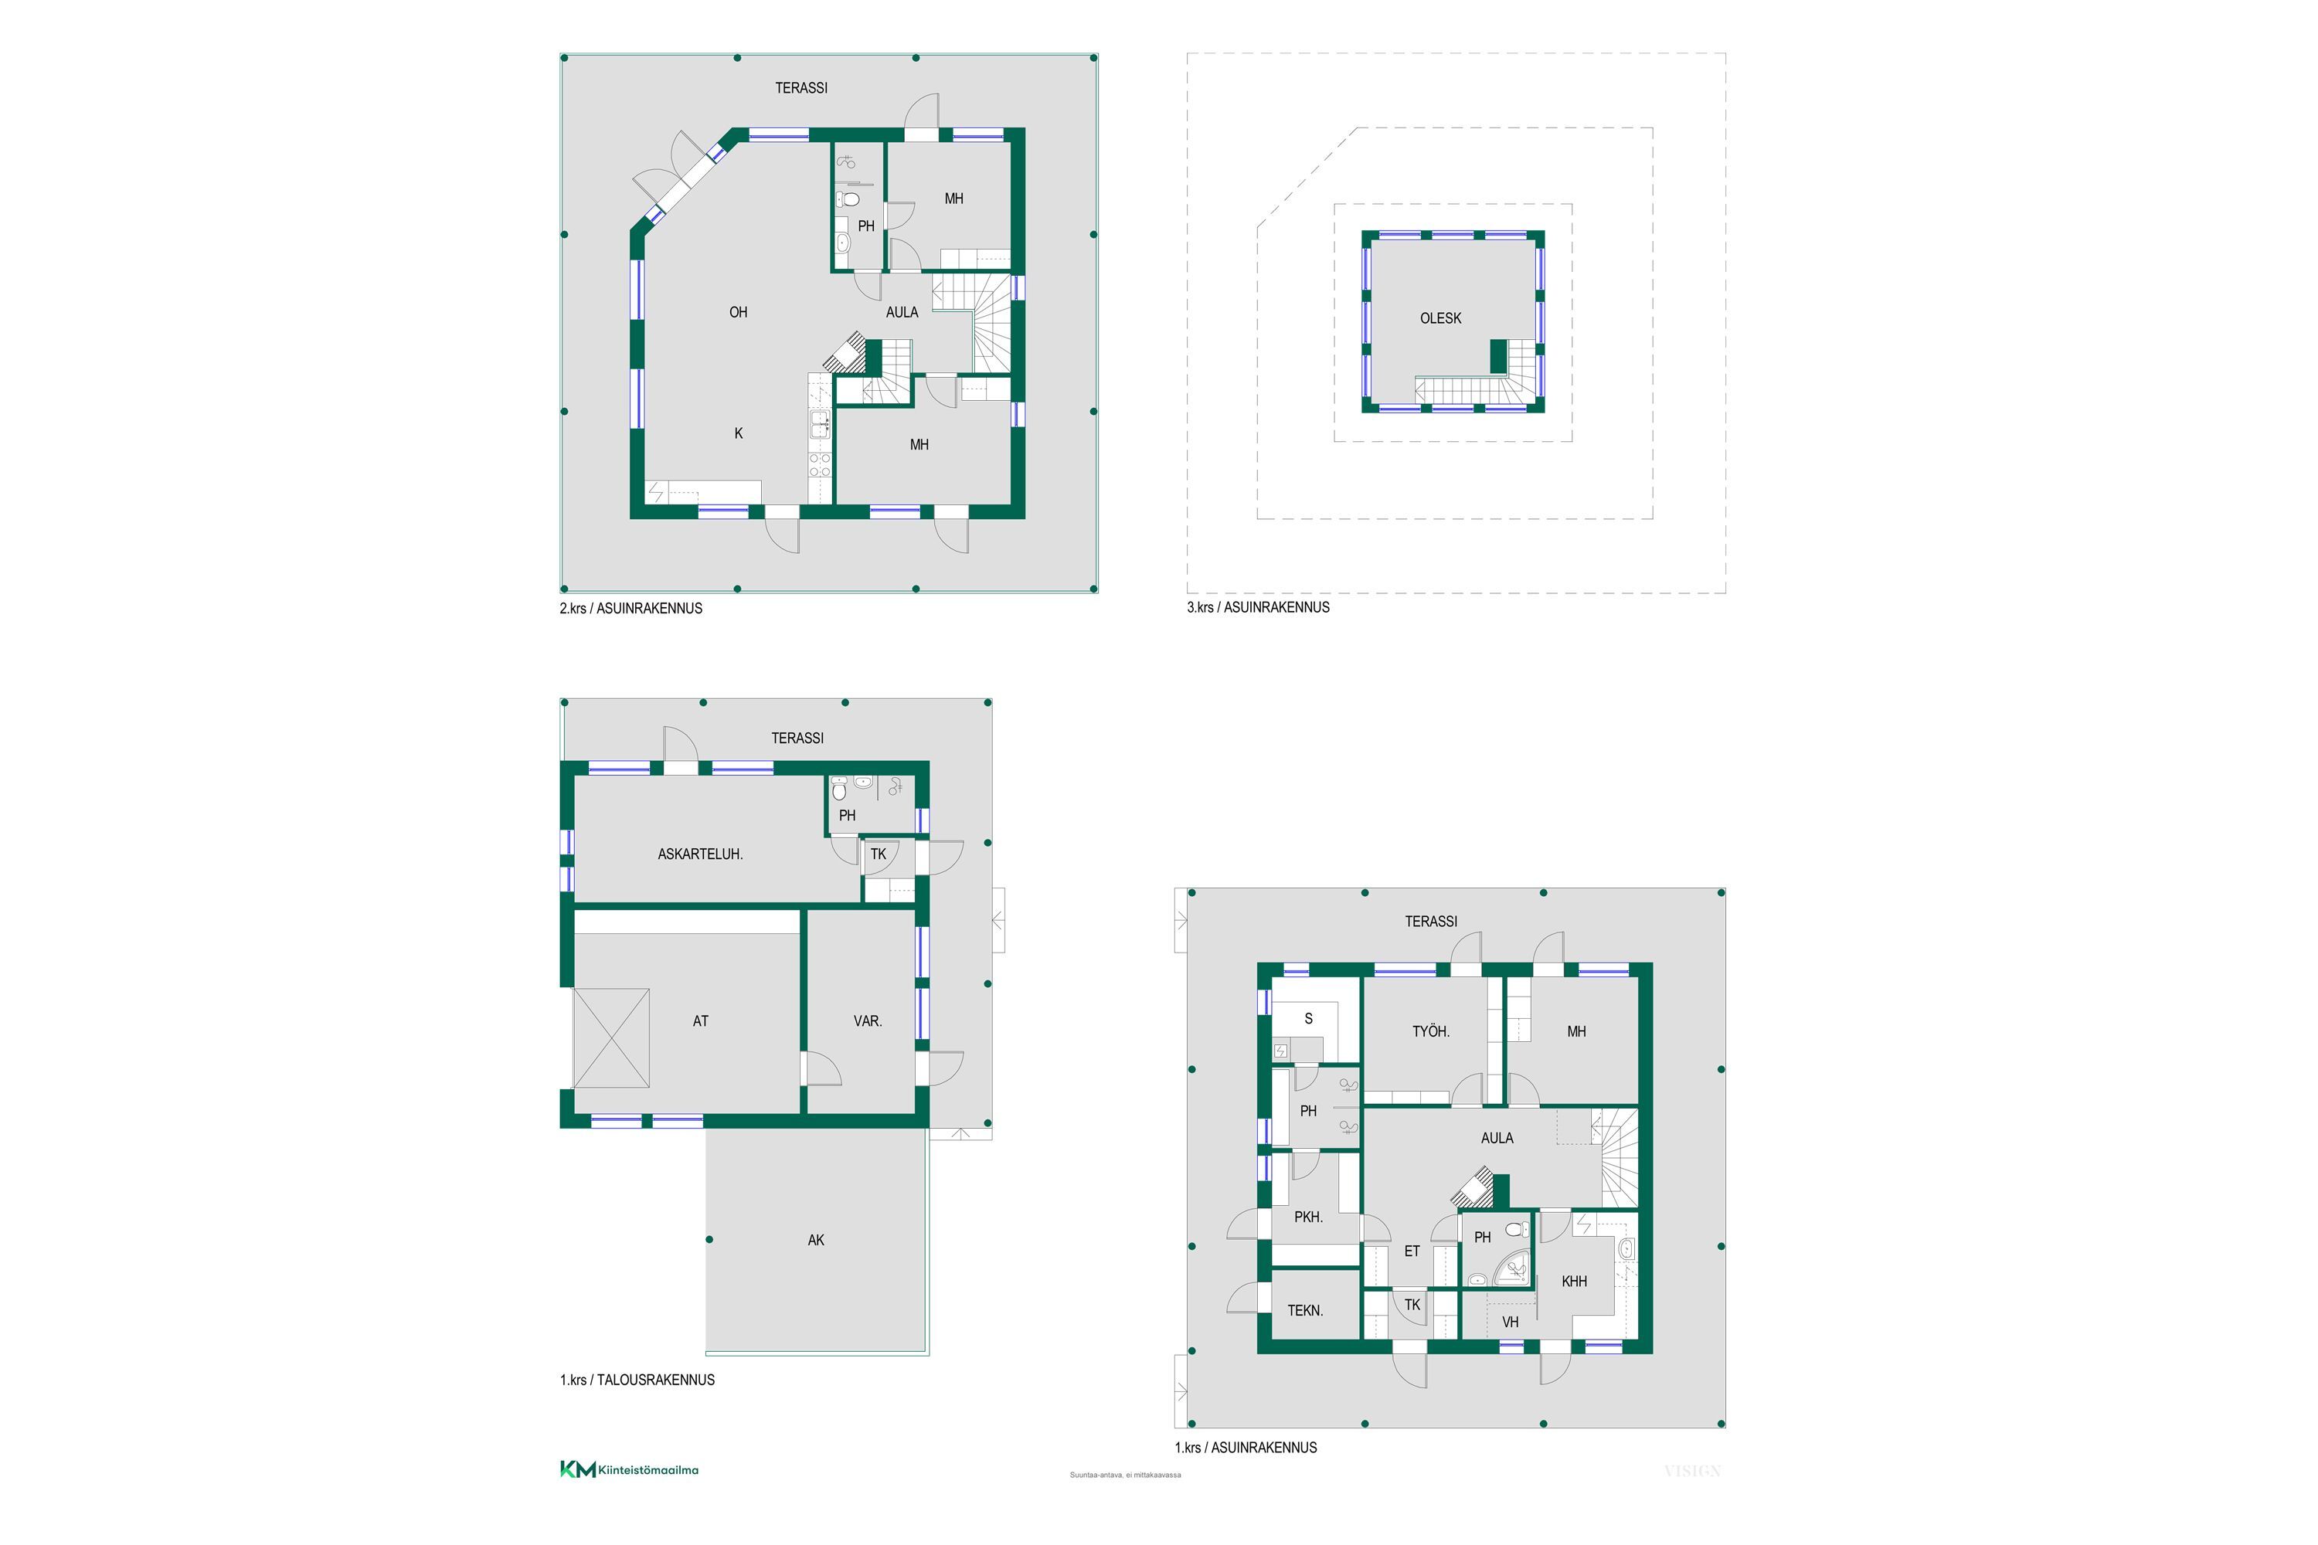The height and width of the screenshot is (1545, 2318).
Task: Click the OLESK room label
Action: (x=1440, y=318)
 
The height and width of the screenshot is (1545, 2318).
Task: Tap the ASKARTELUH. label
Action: (x=700, y=854)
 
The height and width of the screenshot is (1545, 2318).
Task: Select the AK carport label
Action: (x=816, y=1240)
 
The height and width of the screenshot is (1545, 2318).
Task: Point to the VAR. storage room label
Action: (x=867, y=1020)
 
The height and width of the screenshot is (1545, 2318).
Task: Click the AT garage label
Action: (x=701, y=1020)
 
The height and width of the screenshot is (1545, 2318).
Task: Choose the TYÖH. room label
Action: (x=1431, y=1031)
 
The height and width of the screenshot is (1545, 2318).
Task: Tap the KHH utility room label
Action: (x=1574, y=1281)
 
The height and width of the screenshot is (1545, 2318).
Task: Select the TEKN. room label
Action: (x=1305, y=1310)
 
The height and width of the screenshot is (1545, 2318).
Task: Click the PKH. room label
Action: (x=1308, y=1217)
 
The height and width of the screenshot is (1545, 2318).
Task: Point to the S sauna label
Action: (x=1309, y=1019)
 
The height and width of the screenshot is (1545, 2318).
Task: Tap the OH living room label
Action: (x=738, y=312)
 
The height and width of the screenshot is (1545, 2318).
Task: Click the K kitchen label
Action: (x=738, y=433)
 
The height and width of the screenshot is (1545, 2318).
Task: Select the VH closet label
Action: (x=1510, y=1323)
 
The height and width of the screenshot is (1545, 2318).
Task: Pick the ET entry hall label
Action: (x=1412, y=1251)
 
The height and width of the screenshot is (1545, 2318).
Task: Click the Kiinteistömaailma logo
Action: (x=629, y=1469)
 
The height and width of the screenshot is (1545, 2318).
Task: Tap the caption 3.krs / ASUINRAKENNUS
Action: (x=1258, y=607)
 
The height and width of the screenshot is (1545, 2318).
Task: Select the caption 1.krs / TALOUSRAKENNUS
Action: (x=637, y=1380)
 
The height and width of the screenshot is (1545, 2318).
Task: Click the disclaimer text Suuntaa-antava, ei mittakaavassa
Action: (x=1124, y=1475)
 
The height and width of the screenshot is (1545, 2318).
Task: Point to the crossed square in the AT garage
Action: (x=611, y=1037)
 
